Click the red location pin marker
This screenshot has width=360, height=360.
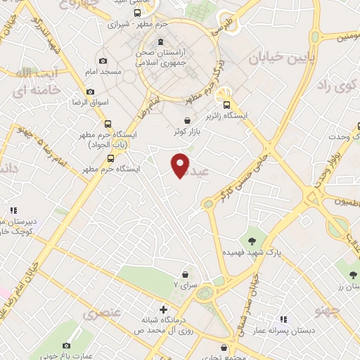[x=181, y=165]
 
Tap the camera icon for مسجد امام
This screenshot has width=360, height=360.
[x=103, y=61]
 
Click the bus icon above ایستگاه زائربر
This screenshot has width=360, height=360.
[x=225, y=100]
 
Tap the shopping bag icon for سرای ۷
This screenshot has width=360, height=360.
[x=185, y=274]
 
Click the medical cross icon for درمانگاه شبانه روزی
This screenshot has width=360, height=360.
[x=163, y=309]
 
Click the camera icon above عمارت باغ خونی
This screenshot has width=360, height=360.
[x=67, y=345]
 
